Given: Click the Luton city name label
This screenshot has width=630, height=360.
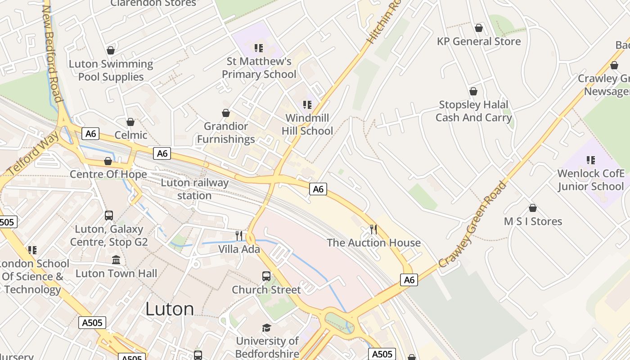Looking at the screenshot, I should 170,309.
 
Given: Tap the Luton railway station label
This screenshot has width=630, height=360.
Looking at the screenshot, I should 194,189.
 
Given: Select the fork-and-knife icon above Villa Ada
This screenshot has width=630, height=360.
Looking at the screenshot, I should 239,235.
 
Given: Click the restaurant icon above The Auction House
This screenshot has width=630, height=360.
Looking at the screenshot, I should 373,229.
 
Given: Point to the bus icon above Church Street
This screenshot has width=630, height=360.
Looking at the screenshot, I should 266,276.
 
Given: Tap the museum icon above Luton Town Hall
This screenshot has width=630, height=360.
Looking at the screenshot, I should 116,260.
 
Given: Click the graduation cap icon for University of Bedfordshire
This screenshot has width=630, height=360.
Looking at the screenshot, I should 267,328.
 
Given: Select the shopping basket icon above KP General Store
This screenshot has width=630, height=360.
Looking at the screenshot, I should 479,28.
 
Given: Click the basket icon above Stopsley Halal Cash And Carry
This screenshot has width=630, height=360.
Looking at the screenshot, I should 473,92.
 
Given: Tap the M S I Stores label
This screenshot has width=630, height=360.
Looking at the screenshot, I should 533,221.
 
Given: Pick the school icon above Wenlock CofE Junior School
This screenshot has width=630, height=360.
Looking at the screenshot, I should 591,160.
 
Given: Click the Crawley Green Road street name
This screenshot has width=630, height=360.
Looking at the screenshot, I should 472,224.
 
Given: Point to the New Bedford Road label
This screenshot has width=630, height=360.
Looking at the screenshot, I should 52,54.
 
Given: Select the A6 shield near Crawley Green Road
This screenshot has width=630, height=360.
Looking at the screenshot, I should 409,280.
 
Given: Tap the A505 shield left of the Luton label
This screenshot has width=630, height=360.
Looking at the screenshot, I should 92,323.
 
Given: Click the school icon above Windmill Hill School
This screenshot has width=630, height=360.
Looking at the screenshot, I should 307,105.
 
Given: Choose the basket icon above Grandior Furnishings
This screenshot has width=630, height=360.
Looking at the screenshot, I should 226,113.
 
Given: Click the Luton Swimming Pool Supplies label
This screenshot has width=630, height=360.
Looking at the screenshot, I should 111,71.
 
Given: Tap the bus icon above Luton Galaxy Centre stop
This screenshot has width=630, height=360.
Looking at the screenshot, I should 109,216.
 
